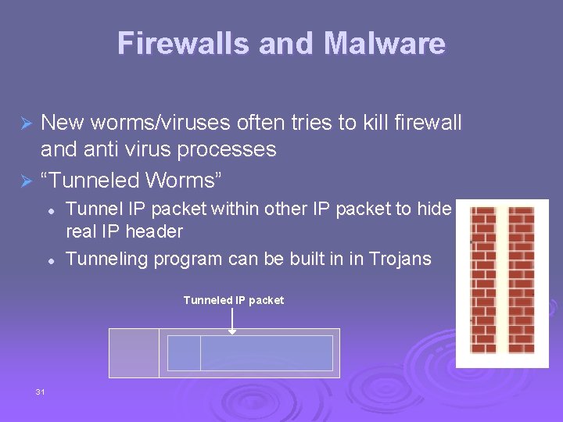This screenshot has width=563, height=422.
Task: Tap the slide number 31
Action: click(40, 392)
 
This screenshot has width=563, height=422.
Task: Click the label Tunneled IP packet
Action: click(233, 300)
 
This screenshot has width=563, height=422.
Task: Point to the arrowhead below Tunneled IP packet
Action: click(232, 331)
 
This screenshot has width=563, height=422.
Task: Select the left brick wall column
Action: click(483, 280)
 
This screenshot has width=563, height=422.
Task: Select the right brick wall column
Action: click(521, 280)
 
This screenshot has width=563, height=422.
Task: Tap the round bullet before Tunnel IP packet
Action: click(50, 210)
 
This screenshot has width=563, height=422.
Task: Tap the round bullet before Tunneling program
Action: click(50, 259)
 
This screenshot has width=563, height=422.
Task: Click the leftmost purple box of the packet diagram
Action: click(134, 353)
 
